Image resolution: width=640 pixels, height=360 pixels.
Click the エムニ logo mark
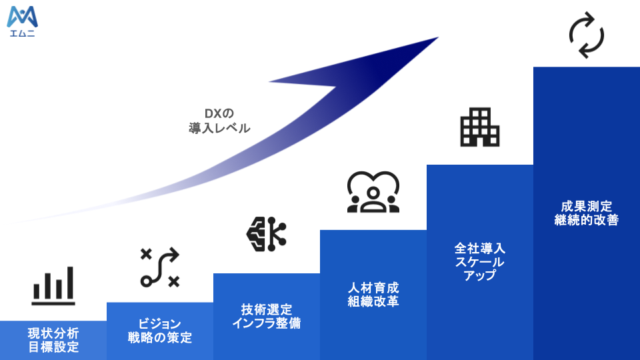tap(23, 17)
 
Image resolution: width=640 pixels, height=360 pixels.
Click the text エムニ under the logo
tap(23, 33)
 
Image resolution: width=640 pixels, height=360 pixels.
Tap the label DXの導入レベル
tap(219, 121)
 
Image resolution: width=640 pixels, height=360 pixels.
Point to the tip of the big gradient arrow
tap(439, 37)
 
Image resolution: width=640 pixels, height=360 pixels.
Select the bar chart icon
tap(53, 286)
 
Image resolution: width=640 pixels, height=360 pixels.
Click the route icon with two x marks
tap(159, 267)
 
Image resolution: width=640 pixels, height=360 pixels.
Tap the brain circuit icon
tap(267, 234)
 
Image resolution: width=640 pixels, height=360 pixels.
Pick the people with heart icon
tap(373, 192)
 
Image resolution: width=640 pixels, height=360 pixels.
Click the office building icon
tap(480, 127)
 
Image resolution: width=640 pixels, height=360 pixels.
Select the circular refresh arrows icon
tap(587, 35)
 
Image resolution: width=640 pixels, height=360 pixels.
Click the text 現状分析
tap(53, 333)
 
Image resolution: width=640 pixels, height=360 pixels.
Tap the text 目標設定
tap(53, 347)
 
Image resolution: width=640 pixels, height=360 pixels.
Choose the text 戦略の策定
tap(159, 337)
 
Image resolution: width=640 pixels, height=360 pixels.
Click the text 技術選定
tap(267, 309)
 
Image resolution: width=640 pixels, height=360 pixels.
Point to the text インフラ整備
tap(267, 323)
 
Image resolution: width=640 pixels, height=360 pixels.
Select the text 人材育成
tap(373, 288)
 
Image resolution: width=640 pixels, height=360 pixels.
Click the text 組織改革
tap(373, 301)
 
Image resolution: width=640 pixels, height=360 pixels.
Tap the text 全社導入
tap(480, 248)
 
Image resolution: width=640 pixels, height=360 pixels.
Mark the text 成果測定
tap(587, 206)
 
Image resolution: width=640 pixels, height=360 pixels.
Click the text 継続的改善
tap(587, 220)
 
